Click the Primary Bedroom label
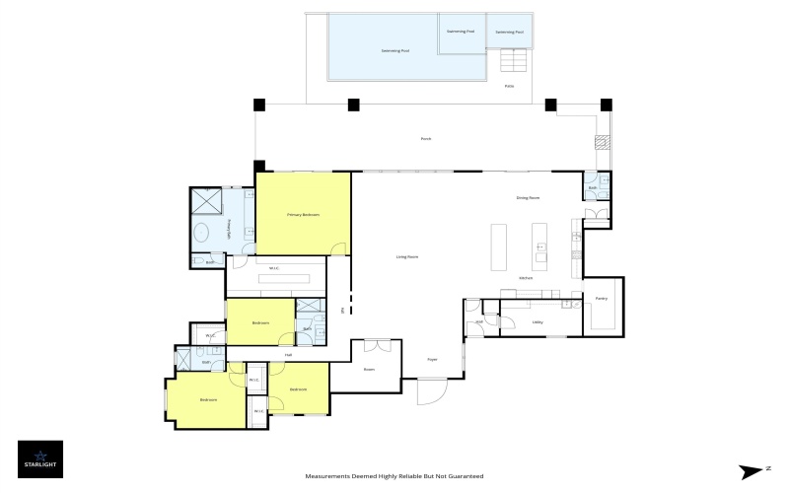point(304,215)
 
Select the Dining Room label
point(528,198)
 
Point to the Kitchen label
point(527,278)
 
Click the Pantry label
point(601,298)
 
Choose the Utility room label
point(538,321)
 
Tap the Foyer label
point(432,360)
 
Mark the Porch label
point(426,139)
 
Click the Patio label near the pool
point(510,86)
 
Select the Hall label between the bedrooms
point(288,355)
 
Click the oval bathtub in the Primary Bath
point(201,234)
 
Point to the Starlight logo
point(40,459)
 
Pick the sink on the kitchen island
point(540,258)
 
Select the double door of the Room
point(377,345)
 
